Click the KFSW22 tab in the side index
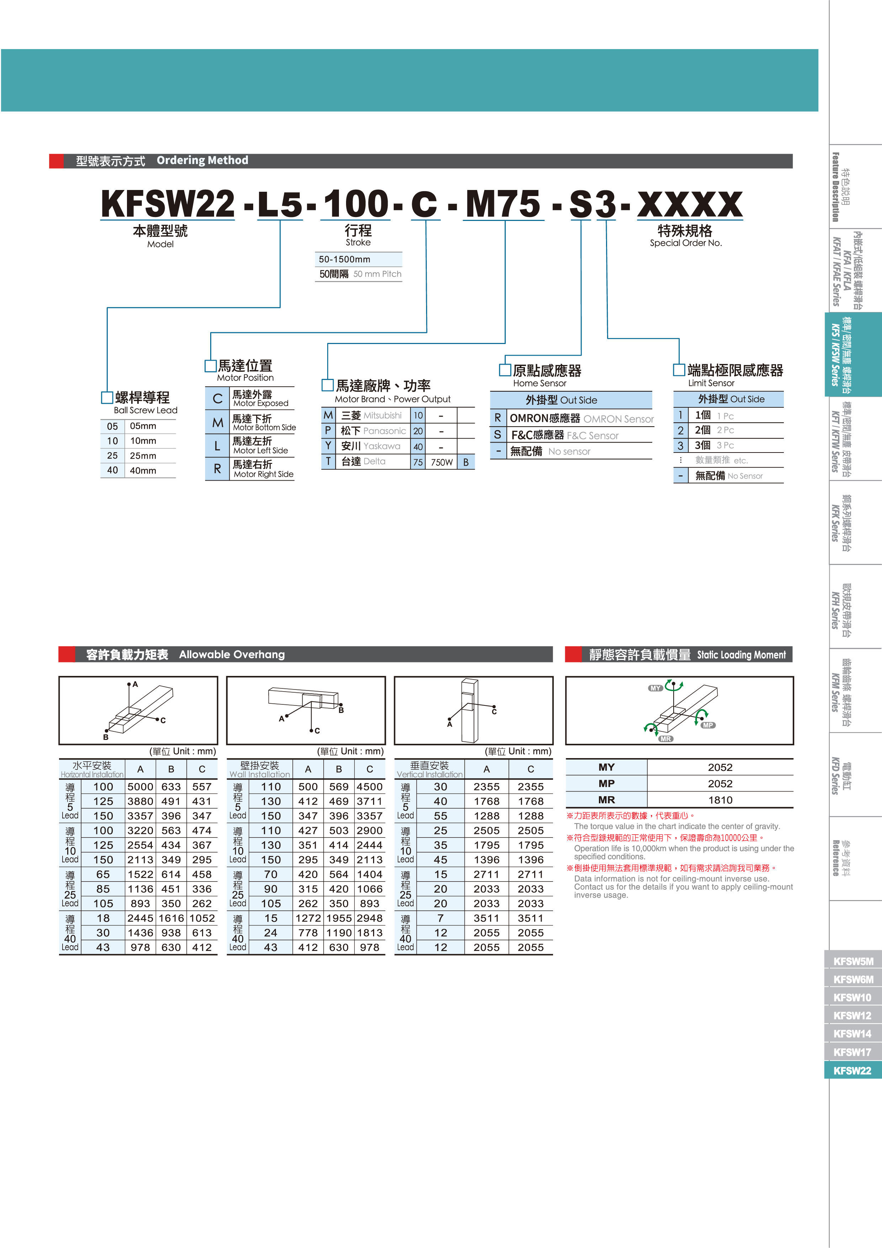point(852,1070)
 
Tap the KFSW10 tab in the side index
point(852,998)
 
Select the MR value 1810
point(720,800)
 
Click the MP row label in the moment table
point(606,783)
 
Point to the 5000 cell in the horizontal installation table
point(140,787)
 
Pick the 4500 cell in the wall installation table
point(370,787)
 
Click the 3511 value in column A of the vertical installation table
point(487,918)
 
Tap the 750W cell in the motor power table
point(442,462)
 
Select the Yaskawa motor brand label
point(382,446)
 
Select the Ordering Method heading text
point(202,160)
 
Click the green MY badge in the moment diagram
point(655,688)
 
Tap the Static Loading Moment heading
point(741,655)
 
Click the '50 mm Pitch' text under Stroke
point(377,274)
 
